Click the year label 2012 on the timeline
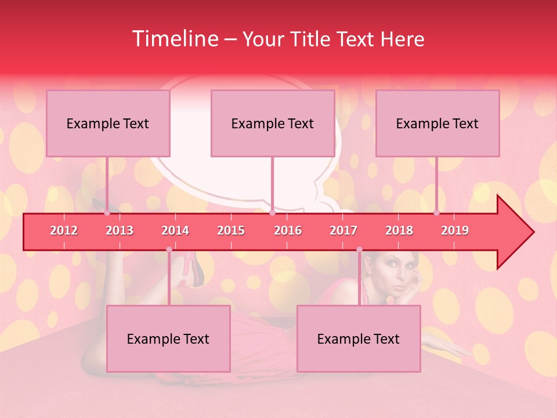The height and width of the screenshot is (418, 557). click(64, 230)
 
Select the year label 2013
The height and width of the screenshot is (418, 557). click(120, 230)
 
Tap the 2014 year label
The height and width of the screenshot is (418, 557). click(175, 230)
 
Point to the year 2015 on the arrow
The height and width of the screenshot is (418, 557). click(231, 230)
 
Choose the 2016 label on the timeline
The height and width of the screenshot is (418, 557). click(288, 230)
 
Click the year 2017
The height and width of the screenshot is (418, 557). click(343, 230)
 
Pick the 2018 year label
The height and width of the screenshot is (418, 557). click(399, 230)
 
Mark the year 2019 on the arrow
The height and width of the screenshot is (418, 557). click(455, 230)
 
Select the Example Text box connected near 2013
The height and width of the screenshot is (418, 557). click(108, 123)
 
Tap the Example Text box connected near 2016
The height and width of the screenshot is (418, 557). click(273, 123)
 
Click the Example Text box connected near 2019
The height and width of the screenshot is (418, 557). click(437, 123)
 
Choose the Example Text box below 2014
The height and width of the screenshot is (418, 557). click(168, 338)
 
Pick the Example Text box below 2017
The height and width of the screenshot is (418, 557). click(359, 338)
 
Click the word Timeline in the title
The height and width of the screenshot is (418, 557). click(174, 39)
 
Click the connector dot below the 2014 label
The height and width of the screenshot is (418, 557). click(169, 249)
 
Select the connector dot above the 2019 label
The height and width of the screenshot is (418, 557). click(437, 212)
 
